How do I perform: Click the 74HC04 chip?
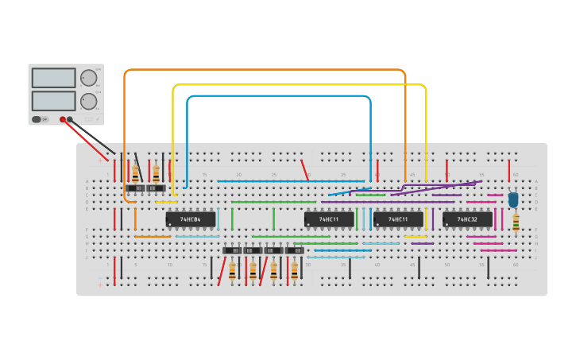191,219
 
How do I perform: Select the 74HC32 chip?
467,219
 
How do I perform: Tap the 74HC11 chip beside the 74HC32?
398,219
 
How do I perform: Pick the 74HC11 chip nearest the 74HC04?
329,219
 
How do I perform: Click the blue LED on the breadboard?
513,199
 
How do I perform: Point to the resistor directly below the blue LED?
516,223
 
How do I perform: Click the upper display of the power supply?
53,78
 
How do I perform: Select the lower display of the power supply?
53,101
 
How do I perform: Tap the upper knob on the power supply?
87,78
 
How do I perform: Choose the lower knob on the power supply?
87,101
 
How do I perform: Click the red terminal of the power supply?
63,119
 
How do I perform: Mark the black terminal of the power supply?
70,119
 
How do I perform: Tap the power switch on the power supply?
37,119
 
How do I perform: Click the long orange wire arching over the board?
262,70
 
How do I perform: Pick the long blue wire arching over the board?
278,96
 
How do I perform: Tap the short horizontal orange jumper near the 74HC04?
152,236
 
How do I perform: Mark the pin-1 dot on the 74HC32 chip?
447,224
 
